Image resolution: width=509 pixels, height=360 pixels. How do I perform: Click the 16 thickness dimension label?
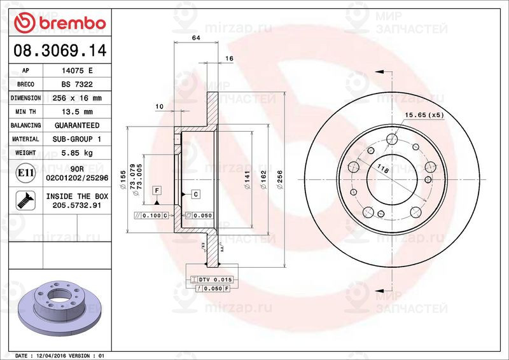(229, 59)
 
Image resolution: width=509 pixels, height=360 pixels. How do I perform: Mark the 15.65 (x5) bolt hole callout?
(424, 115)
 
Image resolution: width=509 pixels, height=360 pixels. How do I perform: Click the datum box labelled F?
(156, 190)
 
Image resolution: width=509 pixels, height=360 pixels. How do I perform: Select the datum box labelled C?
(195, 193)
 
